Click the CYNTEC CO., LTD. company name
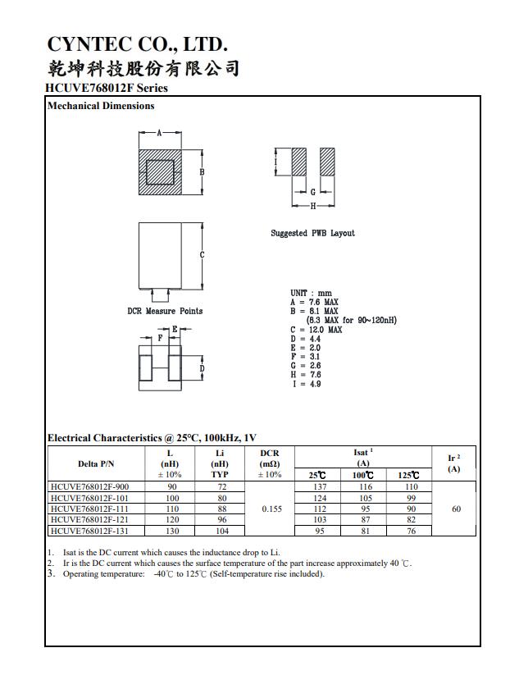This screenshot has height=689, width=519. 137,44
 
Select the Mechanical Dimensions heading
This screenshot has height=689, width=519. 101,106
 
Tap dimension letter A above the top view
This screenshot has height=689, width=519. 158,132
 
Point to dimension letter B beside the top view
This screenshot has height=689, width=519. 202,171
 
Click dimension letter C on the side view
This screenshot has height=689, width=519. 202,256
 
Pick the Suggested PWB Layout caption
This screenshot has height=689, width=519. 312,233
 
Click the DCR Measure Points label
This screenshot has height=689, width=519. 165,311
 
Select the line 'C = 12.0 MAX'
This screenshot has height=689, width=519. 316,330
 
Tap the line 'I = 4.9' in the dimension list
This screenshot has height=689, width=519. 306,384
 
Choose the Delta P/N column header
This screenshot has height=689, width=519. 96,463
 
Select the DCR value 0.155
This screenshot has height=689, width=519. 271,509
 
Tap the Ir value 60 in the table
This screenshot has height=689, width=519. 456,509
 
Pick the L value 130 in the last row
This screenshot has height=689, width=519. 173,532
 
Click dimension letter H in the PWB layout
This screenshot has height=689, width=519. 312,205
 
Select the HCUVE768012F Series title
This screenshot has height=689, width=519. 107,88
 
